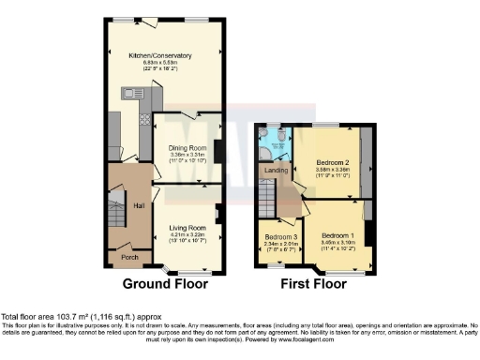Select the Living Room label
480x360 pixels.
point(187,228)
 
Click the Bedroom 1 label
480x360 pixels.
point(337,234)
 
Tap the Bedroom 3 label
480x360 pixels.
point(281,236)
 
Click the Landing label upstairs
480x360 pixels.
point(276,171)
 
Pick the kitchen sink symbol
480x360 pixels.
point(132,92)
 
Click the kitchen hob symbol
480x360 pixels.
point(144,119)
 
